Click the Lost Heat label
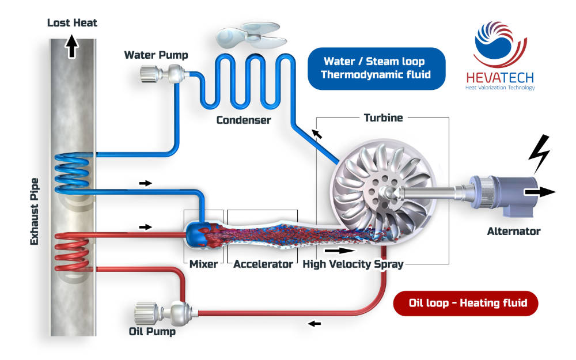coord(72,23)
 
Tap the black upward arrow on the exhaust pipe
coord(72,46)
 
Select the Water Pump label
coord(156,55)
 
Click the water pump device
coord(164,74)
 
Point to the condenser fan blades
coord(251,35)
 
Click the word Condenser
coord(244,120)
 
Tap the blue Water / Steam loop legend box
coord(377,69)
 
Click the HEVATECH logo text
coord(500,78)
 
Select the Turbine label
coord(383,118)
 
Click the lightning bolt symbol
coord(540,154)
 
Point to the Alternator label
coord(514,232)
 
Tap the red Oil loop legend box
coord(465,304)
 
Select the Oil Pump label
coord(152,331)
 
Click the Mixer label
coord(203,264)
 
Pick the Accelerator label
coord(263,264)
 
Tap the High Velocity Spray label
coord(353,264)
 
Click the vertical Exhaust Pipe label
coord(34,211)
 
